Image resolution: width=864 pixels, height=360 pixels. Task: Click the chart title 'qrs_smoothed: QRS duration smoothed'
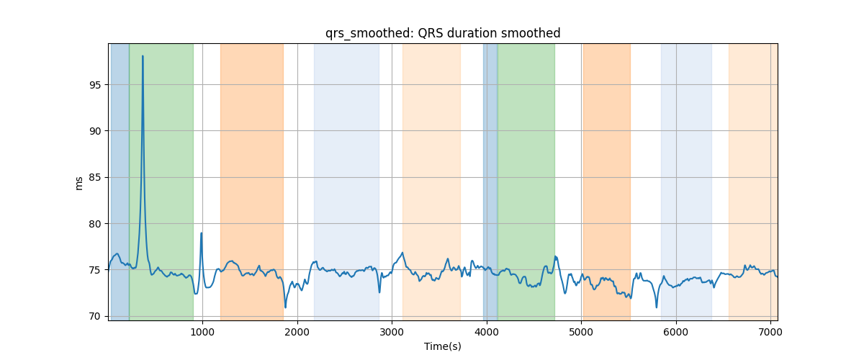pyautogui.click(x=443, y=34)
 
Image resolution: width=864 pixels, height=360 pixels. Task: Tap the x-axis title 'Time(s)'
pyautogui.click(x=443, y=346)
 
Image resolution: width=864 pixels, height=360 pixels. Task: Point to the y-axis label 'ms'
pyautogui.click(x=78, y=184)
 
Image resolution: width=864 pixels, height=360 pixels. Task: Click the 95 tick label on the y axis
pyautogui.click(x=95, y=85)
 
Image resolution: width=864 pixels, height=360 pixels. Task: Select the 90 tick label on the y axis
pyautogui.click(x=95, y=131)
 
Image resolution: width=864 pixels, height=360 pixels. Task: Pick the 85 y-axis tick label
pyautogui.click(x=95, y=178)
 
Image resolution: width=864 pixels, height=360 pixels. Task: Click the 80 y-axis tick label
pyautogui.click(x=95, y=224)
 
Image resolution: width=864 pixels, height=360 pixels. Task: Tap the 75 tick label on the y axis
pyautogui.click(x=95, y=270)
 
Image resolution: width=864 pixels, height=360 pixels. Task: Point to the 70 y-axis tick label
pyautogui.click(x=95, y=316)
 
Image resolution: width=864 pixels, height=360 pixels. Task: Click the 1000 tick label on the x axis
pyautogui.click(x=202, y=332)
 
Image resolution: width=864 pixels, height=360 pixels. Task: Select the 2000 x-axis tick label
pyautogui.click(x=297, y=332)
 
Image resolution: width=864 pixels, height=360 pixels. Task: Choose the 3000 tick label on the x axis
pyautogui.click(x=392, y=332)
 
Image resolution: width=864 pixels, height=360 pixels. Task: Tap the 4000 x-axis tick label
pyautogui.click(x=487, y=332)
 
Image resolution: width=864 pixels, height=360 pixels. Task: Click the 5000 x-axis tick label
pyautogui.click(x=581, y=332)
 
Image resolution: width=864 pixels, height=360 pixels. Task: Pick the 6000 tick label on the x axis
pyautogui.click(x=676, y=332)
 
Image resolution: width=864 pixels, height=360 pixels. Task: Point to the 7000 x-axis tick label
pyautogui.click(x=770, y=332)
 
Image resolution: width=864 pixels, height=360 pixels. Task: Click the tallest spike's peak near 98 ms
pyautogui.click(x=143, y=56)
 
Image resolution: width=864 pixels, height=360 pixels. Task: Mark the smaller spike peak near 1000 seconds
pyautogui.click(x=202, y=233)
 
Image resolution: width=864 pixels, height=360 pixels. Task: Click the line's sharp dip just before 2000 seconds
pyautogui.click(x=285, y=307)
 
